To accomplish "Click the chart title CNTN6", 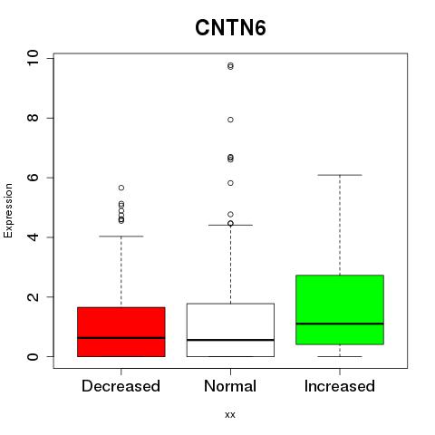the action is pos(230,28).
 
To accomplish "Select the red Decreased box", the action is pos(121,332).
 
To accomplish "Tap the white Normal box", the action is pos(230,330).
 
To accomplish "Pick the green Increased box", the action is pos(340,310).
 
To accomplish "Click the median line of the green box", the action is pos(340,324).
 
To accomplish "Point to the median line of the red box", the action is pos(121,338).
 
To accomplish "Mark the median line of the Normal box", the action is pos(230,340).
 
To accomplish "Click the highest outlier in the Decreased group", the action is pos(121,188).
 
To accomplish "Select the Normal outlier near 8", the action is pos(230,120).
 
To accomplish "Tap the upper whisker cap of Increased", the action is pos(340,175).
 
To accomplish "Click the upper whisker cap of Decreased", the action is pos(121,237).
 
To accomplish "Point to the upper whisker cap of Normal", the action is pos(230,225).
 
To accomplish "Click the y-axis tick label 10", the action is pos(33,57).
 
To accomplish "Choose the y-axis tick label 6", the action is pos(33,178).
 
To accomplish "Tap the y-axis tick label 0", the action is pos(33,356).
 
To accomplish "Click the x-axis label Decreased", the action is pos(121,386).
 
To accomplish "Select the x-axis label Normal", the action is pos(230,386).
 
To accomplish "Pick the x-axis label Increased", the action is pos(340,386).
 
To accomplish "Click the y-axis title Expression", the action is pos(8,210).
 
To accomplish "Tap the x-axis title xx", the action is pos(230,415).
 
